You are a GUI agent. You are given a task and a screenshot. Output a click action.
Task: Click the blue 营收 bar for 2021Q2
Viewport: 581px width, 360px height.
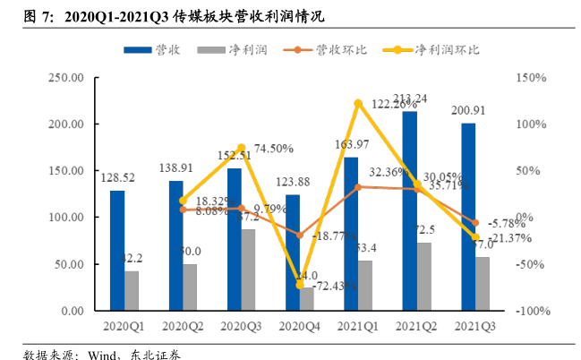[409, 210]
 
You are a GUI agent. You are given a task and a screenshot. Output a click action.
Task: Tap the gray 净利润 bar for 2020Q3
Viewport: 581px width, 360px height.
[248, 270]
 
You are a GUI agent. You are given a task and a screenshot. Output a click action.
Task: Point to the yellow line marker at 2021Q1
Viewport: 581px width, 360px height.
[358, 104]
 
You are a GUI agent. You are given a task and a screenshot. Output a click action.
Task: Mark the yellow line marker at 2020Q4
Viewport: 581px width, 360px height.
[300, 285]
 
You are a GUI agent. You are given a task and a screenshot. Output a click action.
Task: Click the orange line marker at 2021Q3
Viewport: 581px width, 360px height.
[475, 223]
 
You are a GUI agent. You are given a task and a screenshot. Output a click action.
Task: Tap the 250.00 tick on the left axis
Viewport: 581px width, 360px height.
[66, 78]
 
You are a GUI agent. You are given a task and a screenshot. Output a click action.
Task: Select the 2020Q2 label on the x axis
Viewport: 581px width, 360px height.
[183, 327]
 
